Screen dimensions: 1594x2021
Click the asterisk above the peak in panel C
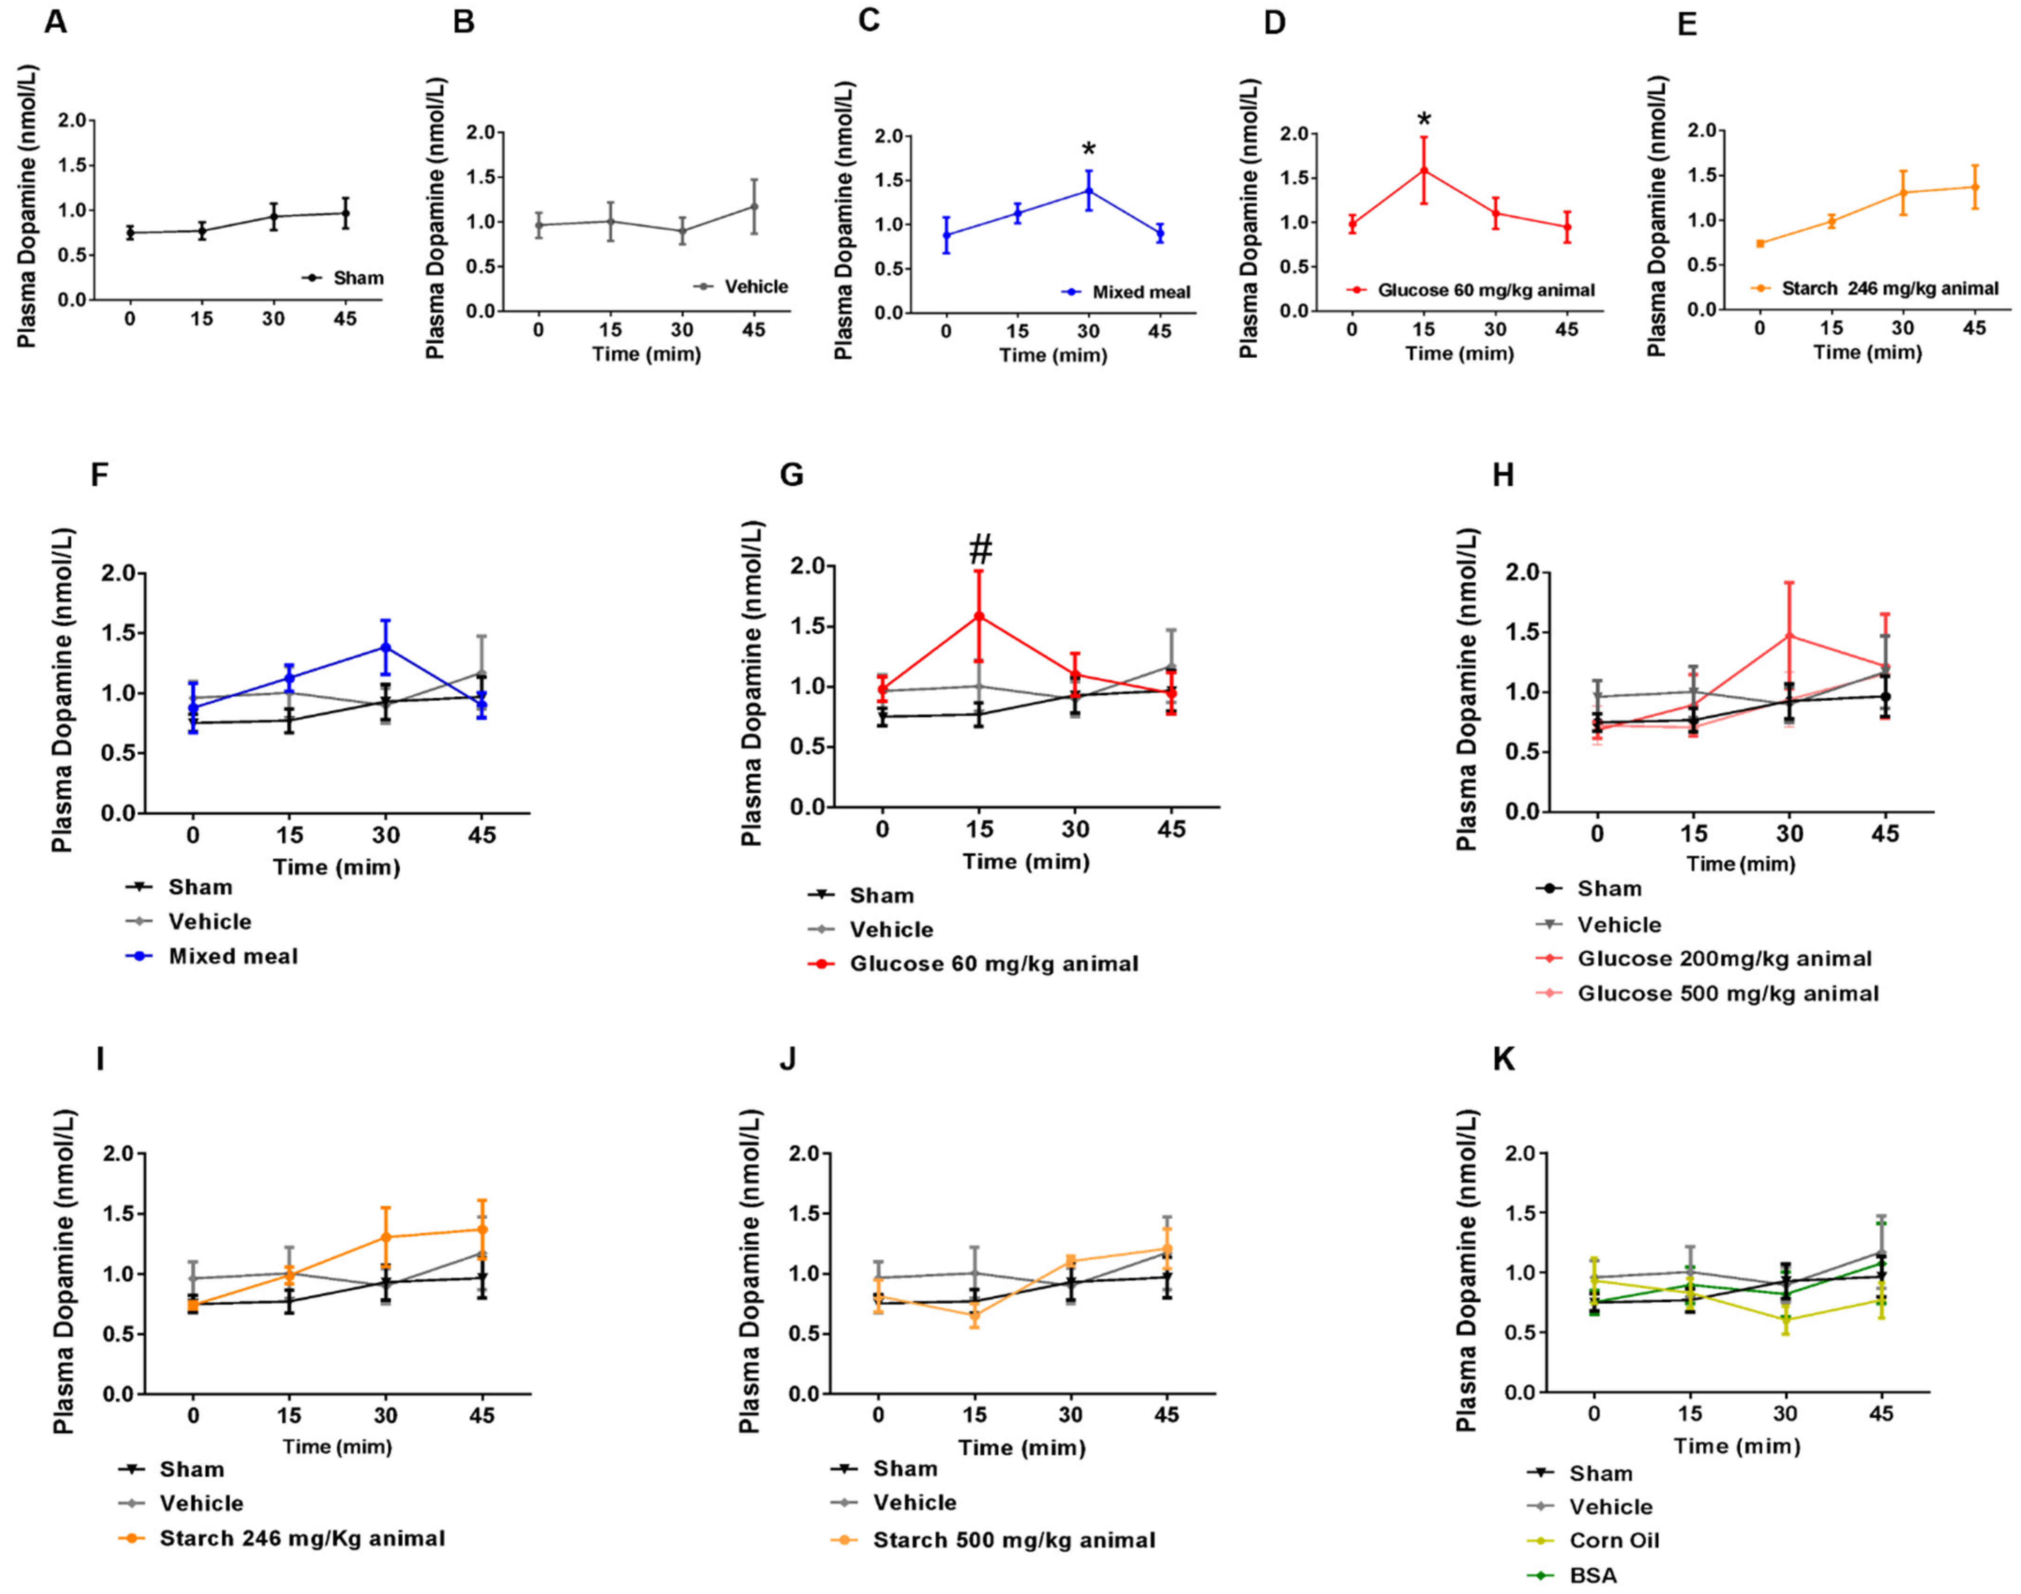(x=1088, y=150)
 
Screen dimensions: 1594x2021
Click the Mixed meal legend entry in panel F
(x=232, y=956)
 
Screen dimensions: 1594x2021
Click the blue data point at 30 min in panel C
(x=1088, y=190)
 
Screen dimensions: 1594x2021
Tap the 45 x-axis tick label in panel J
(x=1166, y=1415)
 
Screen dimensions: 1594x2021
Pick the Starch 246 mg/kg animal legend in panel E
(x=1889, y=288)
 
